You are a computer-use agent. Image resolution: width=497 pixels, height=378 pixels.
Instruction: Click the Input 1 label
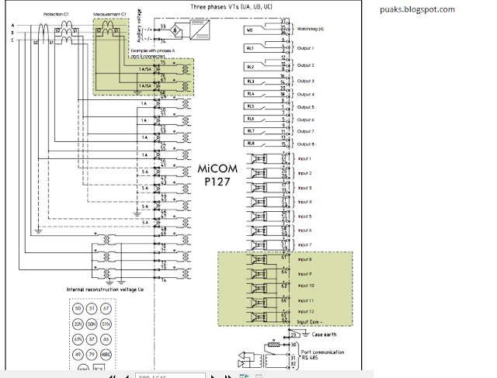coord(305,158)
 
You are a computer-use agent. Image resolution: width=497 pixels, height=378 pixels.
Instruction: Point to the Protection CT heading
coord(57,14)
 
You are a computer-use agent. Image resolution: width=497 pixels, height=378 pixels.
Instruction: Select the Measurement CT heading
coord(109,14)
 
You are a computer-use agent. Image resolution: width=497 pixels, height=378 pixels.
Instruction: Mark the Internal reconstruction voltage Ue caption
coord(102,289)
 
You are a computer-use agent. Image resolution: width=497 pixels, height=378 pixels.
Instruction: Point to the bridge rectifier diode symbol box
coord(178,29)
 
